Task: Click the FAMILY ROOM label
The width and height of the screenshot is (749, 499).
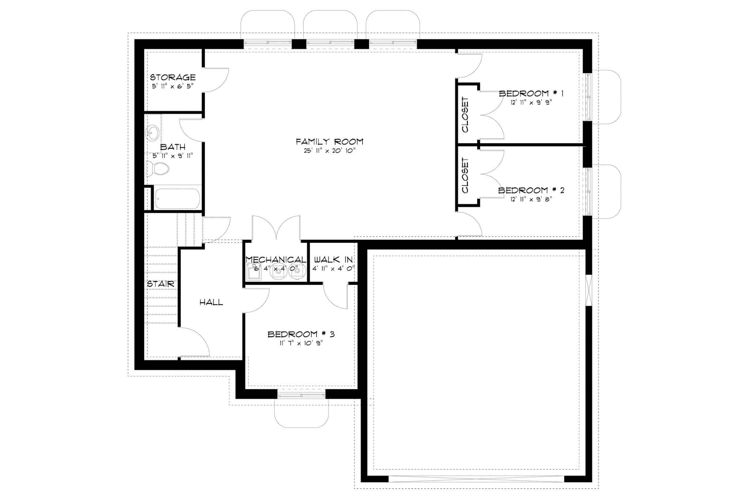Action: click(x=330, y=141)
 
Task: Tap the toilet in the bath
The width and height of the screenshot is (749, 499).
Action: click(x=158, y=169)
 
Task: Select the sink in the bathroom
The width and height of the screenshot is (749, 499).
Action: click(x=153, y=132)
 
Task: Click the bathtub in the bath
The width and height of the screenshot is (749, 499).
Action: click(x=177, y=199)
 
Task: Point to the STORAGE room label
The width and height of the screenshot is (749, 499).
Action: click(x=173, y=77)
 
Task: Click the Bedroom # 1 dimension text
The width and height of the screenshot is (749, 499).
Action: click(x=531, y=103)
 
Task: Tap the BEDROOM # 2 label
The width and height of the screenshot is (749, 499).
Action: click(x=531, y=190)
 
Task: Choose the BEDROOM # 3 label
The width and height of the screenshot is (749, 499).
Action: click(x=301, y=334)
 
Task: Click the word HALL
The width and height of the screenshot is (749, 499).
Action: click(x=211, y=302)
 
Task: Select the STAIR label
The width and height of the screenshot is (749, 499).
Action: click(x=161, y=284)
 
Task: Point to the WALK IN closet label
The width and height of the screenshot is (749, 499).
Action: click(x=333, y=260)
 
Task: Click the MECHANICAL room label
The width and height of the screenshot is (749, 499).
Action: click(x=276, y=260)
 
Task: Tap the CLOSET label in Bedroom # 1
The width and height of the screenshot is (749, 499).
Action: click(x=465, y=114)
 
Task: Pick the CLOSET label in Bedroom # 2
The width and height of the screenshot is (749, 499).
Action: click(x=465, y=175)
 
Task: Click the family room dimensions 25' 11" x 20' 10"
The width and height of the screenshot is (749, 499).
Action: click(x=330, y=151)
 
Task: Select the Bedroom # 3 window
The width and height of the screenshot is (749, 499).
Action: click(x=301, y=394)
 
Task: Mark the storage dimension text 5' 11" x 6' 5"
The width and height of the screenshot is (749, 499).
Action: click(x=173, y=86)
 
